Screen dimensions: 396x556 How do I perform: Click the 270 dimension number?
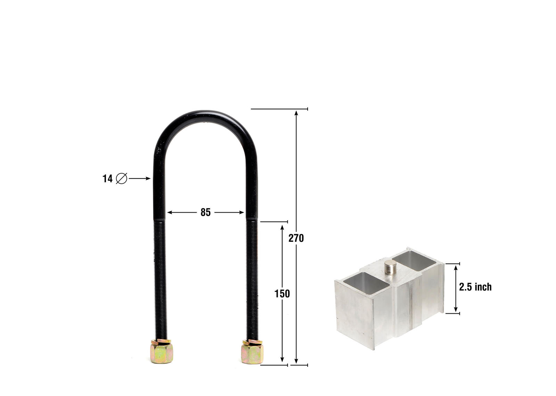296,238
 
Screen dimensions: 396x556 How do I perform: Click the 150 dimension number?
282,294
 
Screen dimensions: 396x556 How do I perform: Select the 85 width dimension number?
205,212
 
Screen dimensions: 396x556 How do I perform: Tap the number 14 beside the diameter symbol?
107,179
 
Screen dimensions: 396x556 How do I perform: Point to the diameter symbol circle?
121,179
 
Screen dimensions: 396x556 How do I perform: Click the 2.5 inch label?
475,287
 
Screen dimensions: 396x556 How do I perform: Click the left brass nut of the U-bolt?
162,352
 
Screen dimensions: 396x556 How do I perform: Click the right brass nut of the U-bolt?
252,353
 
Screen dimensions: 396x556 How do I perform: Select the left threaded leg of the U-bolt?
160,278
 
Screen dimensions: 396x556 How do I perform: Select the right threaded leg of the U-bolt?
252,278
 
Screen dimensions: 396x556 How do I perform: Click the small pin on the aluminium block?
391,267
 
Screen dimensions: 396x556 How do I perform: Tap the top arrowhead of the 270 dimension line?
296,113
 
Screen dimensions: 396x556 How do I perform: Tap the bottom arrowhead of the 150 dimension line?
282,361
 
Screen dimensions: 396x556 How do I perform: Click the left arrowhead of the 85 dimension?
170,212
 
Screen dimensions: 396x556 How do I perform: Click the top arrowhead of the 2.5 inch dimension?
456,268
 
